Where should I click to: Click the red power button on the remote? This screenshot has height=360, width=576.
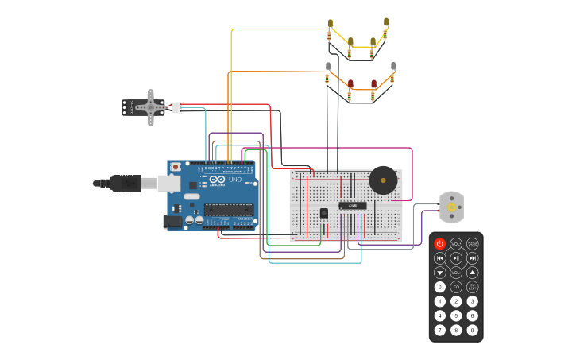point(440,244)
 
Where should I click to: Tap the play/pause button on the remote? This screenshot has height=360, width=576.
point(456,258)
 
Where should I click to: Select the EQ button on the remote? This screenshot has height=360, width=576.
point(456,287)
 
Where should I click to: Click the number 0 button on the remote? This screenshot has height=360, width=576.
point(440,287)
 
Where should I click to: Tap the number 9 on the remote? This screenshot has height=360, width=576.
point(472,330)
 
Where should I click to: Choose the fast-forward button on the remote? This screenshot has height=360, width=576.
point(472,258)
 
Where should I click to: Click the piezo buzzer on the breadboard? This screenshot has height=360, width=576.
point(383,180)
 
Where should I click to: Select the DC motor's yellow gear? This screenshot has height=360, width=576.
point(451,207)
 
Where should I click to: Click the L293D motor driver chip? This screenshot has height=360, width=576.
point(352,205)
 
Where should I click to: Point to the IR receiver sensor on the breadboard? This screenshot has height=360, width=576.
point(324,212)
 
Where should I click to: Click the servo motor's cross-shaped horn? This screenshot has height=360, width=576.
point(149,106)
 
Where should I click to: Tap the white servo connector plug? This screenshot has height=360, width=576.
point(177,107)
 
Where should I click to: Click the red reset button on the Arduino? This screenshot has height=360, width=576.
point(176,167)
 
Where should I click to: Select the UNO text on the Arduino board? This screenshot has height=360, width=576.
point(235,180)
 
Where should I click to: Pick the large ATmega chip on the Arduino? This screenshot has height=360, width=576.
point(229,210)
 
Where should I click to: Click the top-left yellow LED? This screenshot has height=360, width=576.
point(331,24)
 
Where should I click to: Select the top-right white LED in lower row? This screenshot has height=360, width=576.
point(393,67)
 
